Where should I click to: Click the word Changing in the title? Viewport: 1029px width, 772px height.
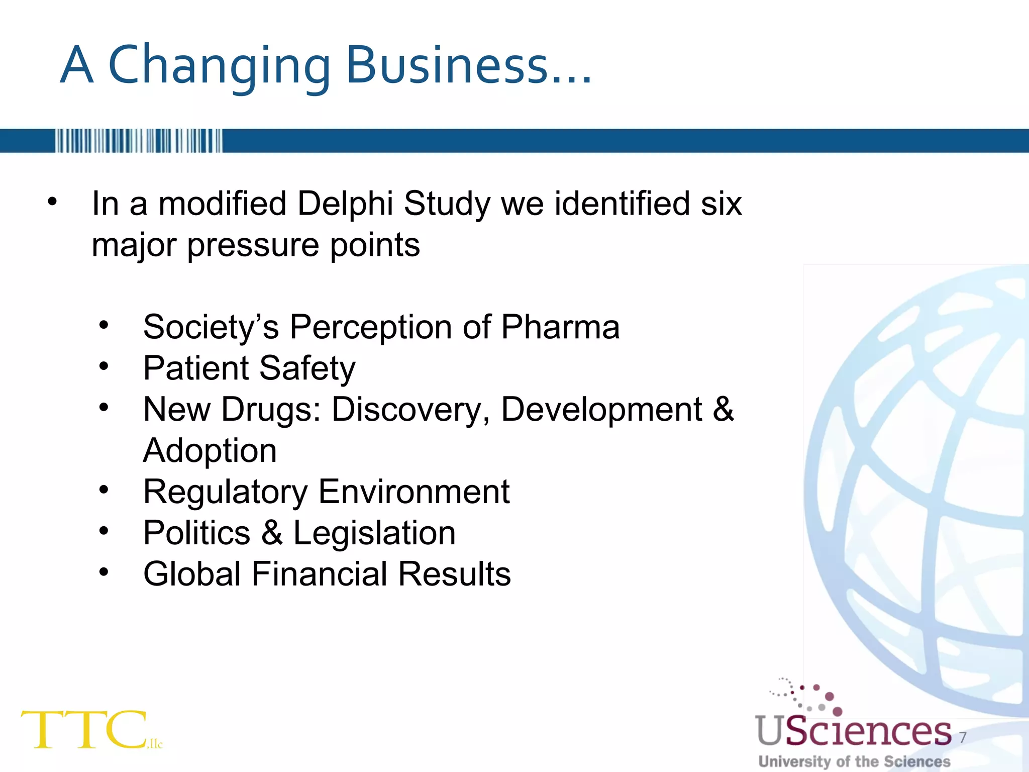tap(220, 65)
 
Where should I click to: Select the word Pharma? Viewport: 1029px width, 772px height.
tap(560, 327)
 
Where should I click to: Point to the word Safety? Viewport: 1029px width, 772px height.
tap(307, 368)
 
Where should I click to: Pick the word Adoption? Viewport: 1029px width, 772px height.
tap(210, 451)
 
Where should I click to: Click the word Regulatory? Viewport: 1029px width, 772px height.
tap(226, 492)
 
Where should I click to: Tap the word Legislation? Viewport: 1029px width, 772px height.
tap(374, 533)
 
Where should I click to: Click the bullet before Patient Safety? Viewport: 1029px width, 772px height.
tap(104, 366)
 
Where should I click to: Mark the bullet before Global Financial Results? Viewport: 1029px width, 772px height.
tap(104, 572)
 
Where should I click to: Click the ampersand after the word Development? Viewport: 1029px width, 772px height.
tap(723, 410)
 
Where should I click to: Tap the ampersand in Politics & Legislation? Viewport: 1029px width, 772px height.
tap(272, 533)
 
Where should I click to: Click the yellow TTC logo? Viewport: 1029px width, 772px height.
tap(85, 730)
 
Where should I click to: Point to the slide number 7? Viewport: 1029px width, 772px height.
tap(963, 738)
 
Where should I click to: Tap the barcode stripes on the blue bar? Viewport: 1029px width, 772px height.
tap(138, 141)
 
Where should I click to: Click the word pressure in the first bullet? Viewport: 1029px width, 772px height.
tap(253, 246)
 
